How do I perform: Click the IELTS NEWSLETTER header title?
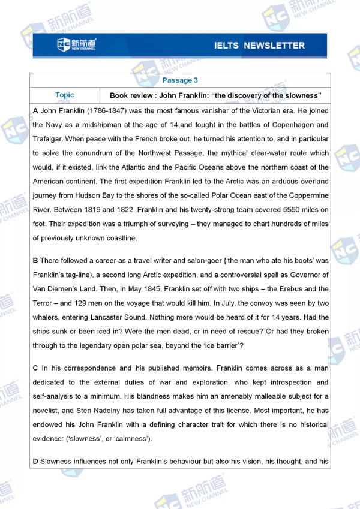tap(259, 46)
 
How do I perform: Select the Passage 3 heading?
tap(180, 80)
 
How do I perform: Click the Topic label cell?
tap(65, 95)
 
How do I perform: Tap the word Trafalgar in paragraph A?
tap(49, 138)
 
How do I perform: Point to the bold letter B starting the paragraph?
tap(35, 261)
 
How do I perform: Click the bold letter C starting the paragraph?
tap(35, 368)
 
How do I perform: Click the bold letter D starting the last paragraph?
tap(35, 462)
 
